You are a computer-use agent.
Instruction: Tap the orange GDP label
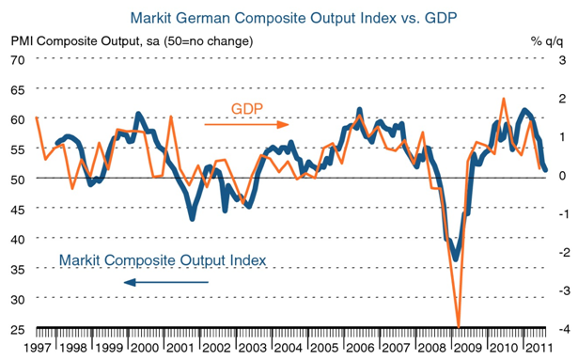[247, 109]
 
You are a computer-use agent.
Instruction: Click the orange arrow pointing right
[246, 125]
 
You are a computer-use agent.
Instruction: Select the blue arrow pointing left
[165, 283]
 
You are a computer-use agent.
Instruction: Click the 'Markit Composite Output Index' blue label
[163, 260]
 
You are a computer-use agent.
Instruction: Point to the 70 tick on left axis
[18, 60]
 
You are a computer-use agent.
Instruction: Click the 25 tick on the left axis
[18, 329]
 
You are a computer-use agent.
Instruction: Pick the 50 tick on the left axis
[18, 180]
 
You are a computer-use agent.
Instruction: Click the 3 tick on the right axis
[563, 60]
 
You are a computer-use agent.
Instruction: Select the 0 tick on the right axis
[563, 175]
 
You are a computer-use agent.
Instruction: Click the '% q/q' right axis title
[547, 41]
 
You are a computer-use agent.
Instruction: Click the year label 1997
[38, 348]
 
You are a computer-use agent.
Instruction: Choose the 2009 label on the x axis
[468, 348]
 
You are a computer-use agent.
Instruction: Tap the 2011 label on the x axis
[539, 348]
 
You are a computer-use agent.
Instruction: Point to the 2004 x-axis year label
[289, 348]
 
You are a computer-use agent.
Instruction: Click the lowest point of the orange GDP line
[459, 327]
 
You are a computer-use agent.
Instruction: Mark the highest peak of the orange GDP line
[504, 99]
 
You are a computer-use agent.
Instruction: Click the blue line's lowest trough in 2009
[456, 258]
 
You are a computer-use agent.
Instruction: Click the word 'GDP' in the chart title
[441, 18]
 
